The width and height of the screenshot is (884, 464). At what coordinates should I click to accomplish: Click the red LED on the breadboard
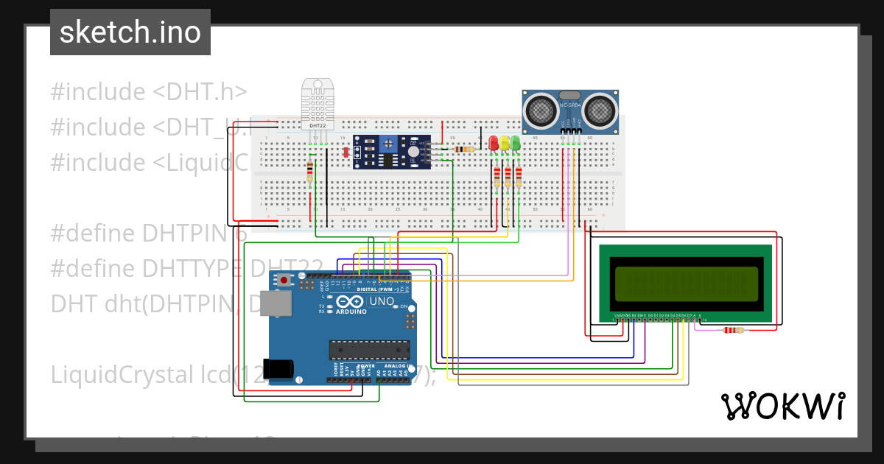(x=494, y=143)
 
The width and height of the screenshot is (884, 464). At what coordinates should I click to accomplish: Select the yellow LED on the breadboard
(x=505, y=143)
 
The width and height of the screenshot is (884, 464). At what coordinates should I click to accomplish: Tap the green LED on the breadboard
(x=515, y=143)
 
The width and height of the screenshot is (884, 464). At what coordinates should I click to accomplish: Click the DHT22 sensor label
(x=318, y=126)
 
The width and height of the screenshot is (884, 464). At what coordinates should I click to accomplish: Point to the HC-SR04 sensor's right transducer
(x=601, y=110)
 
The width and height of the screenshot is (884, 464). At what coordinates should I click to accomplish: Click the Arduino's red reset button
(x=284, y=280)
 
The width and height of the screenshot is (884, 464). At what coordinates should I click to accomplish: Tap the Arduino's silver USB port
(x=278, y=304)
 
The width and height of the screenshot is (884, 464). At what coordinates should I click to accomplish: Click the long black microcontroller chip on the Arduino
(x=369, y=350)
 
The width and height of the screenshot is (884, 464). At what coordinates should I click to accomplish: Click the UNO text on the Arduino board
(x=382, y=301)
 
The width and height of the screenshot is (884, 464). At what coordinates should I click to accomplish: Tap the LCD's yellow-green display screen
(x=686, y=284)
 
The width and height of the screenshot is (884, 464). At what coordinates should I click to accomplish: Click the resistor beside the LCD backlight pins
(x=733, y=330)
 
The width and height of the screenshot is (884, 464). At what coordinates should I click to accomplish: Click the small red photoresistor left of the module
(x=345, y=152)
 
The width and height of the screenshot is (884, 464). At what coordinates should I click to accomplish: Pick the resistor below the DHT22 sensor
(x=309, y=172)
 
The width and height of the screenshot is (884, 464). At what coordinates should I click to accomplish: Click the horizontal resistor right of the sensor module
(x=464, y=149)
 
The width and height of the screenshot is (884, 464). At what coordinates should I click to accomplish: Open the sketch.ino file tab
(x=130, y=32)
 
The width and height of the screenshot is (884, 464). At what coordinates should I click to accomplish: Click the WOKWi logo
(x=782, y=406)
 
